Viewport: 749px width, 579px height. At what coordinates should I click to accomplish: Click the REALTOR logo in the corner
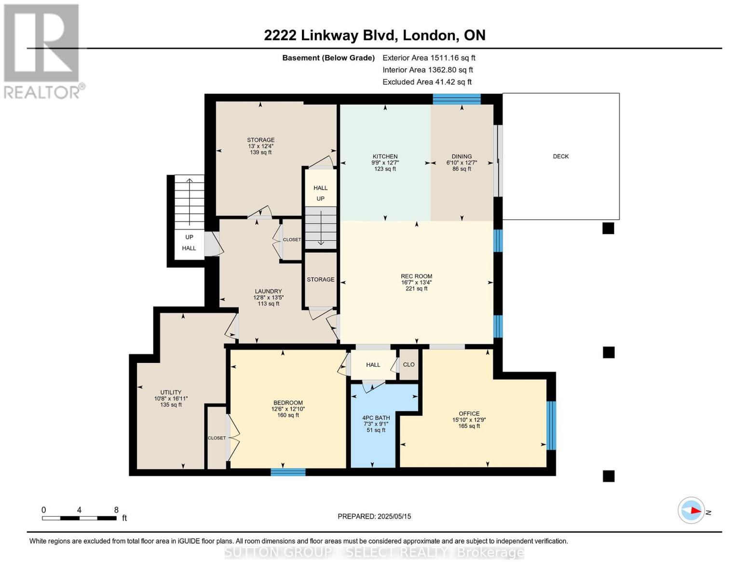42,51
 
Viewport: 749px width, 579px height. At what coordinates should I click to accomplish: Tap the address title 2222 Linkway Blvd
374,35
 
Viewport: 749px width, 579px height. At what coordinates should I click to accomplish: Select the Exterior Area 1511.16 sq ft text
429,58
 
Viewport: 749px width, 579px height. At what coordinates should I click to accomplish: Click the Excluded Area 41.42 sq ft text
427,82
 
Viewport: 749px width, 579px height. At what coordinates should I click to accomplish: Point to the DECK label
560,156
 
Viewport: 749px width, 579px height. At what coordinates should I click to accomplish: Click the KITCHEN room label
385,157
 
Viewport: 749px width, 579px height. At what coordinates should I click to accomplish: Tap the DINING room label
462,157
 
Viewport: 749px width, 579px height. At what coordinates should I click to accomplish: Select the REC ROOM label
416,276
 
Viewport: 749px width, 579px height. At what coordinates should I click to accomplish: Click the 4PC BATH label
376,418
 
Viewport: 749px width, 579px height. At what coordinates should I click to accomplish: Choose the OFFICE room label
469,414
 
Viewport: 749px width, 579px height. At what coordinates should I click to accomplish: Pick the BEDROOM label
288,403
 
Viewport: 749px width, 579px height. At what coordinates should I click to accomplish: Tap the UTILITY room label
171,392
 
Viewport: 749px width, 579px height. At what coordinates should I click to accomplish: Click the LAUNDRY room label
268,291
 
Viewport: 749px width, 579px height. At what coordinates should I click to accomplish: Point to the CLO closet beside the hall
409,365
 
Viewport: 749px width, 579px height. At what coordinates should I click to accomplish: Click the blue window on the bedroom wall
288,472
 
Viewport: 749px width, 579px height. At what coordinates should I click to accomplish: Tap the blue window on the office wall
551,425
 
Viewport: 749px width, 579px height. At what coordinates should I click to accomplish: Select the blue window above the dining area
456,99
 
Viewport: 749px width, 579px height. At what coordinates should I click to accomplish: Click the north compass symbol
691,510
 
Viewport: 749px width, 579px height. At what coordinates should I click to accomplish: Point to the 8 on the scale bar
116,510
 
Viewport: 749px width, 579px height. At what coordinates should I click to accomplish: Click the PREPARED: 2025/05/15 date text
374,516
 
